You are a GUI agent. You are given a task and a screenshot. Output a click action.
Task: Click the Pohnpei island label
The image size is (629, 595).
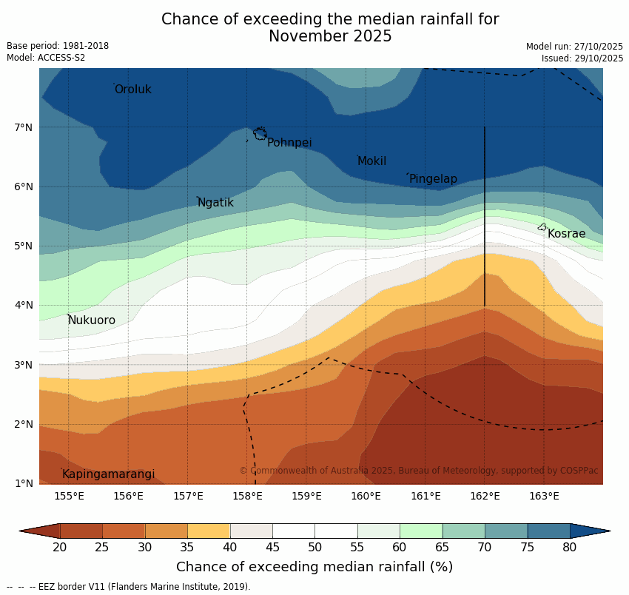pyautogui.click(x=289, y=143)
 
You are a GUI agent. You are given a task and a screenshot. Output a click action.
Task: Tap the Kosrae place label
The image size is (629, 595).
pyautogui.click(x=566, y=234)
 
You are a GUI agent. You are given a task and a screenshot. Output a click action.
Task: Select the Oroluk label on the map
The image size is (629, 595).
pyautogui.click(x=132, y=90)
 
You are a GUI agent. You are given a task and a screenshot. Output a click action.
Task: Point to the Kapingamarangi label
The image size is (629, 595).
pyautogui.click(x=108, y=474)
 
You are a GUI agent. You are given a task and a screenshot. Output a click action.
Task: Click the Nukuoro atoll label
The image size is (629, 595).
pyautogui.click(x=92, y=320)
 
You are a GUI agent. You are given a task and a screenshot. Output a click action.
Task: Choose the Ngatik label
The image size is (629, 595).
pyautogui.click(x=215, y=203)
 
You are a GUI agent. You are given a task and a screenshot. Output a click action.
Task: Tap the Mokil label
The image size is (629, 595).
pyautogui.click(x=371, y=161)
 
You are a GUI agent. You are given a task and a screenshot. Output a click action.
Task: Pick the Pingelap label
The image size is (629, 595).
pyautogui.click(x=433, y=179)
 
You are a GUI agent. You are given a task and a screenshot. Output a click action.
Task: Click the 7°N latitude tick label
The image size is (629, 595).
pyautogui.click(x=24, y=127)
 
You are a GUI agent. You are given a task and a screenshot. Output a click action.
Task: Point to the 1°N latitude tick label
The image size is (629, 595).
pyautogui.click(x=24, y=483)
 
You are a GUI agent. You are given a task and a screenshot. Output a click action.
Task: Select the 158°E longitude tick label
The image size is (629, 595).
pyautogui.click(x=247, y=496)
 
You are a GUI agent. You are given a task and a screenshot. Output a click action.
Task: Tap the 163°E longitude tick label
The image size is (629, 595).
pyautogui.click(x=544, y=496)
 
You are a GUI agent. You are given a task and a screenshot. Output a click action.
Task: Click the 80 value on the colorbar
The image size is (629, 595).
pyautogui.click(x=570, y=548)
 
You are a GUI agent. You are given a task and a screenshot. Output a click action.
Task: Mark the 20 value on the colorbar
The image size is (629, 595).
pyautogui.click(x=60, y=548)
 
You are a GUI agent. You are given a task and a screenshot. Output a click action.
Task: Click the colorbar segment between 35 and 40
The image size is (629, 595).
pyautogui.click(x=209, y=531)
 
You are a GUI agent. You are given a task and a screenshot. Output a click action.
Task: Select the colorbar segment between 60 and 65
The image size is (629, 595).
pyautogui.click(x=421, y=531)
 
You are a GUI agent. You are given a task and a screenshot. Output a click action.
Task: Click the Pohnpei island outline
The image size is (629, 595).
pyautogui.click(x=260, y=134)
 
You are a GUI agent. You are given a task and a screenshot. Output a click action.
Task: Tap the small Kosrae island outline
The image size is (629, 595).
pyautogui.click(x=542, y=227)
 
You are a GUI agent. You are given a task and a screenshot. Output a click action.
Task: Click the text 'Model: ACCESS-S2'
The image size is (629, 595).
pyautogui.click(x=46, y=58)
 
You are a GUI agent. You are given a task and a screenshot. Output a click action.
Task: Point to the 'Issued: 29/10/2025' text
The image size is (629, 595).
pyautogui.click(x=582, y=58)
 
